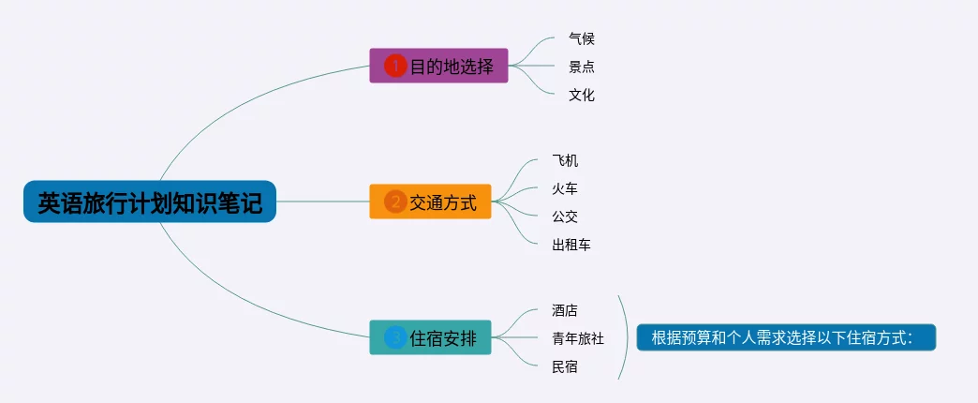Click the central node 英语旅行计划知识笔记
click(150, 201)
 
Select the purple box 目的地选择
click(438, 66)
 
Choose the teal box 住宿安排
click(430, 337)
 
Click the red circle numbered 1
click(395, 66)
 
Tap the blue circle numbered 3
click(395, 337)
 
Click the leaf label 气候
click(582, 38)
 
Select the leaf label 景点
click(582, 67)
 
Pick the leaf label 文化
click(582, 95)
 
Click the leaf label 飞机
click(566, 160)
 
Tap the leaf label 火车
click(566, 188)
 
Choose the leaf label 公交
click(566, 216)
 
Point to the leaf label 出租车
click(571, 245)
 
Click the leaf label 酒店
click(566, 310)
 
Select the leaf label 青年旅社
click(578, 338)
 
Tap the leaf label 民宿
click(566, 366)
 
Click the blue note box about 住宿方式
click(786, 337)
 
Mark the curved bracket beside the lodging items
click(626, 337)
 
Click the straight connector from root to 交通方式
click(323, 201)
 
